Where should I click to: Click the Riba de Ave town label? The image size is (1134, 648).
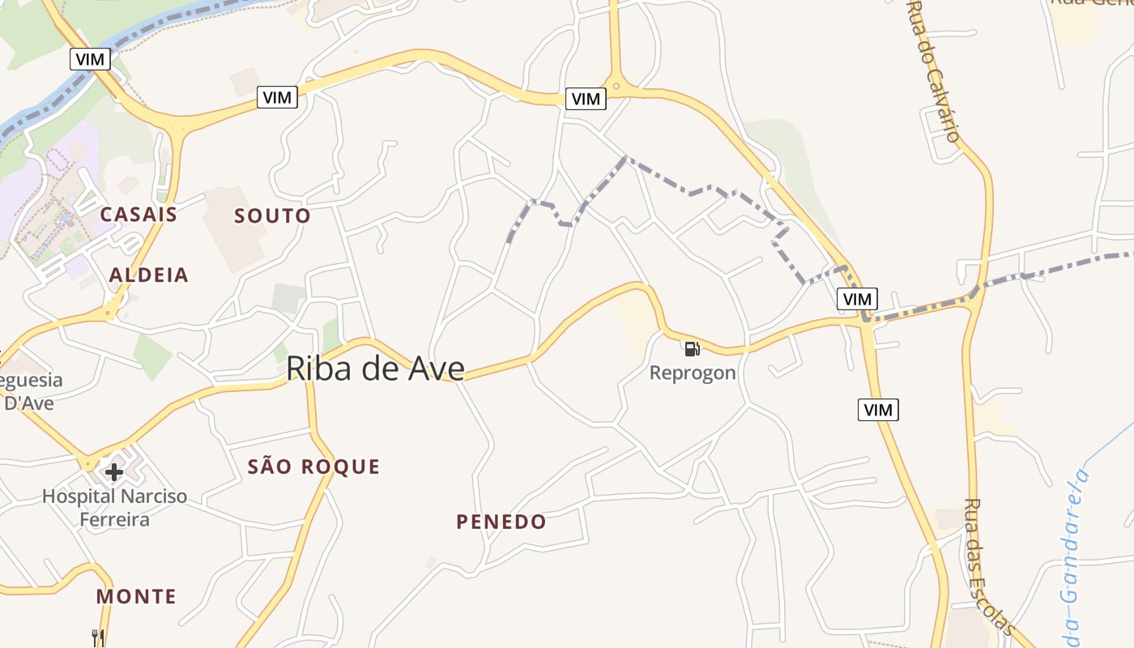point(375,369)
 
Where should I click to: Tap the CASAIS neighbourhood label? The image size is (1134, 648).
point(139,215)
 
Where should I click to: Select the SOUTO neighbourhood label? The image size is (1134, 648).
point(272,216)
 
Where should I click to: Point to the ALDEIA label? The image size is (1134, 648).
point(149,275)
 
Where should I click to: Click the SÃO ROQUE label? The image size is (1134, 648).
point(313,467)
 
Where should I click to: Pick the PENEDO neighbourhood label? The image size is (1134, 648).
point(501,522)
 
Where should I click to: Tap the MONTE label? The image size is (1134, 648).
point(136,597)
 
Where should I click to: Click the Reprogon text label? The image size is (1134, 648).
point(693,373)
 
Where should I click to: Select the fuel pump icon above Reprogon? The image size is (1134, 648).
point(692,349)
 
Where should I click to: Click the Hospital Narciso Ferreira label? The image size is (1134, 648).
point(114,508)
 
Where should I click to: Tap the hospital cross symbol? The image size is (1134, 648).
point(114,471)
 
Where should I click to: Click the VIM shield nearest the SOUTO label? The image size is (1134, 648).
point(277,97)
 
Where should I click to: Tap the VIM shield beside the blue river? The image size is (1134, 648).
point(90,58)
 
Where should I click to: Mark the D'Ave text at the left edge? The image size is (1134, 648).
point(29,403)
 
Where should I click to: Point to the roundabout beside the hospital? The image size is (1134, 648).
point(88,464)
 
